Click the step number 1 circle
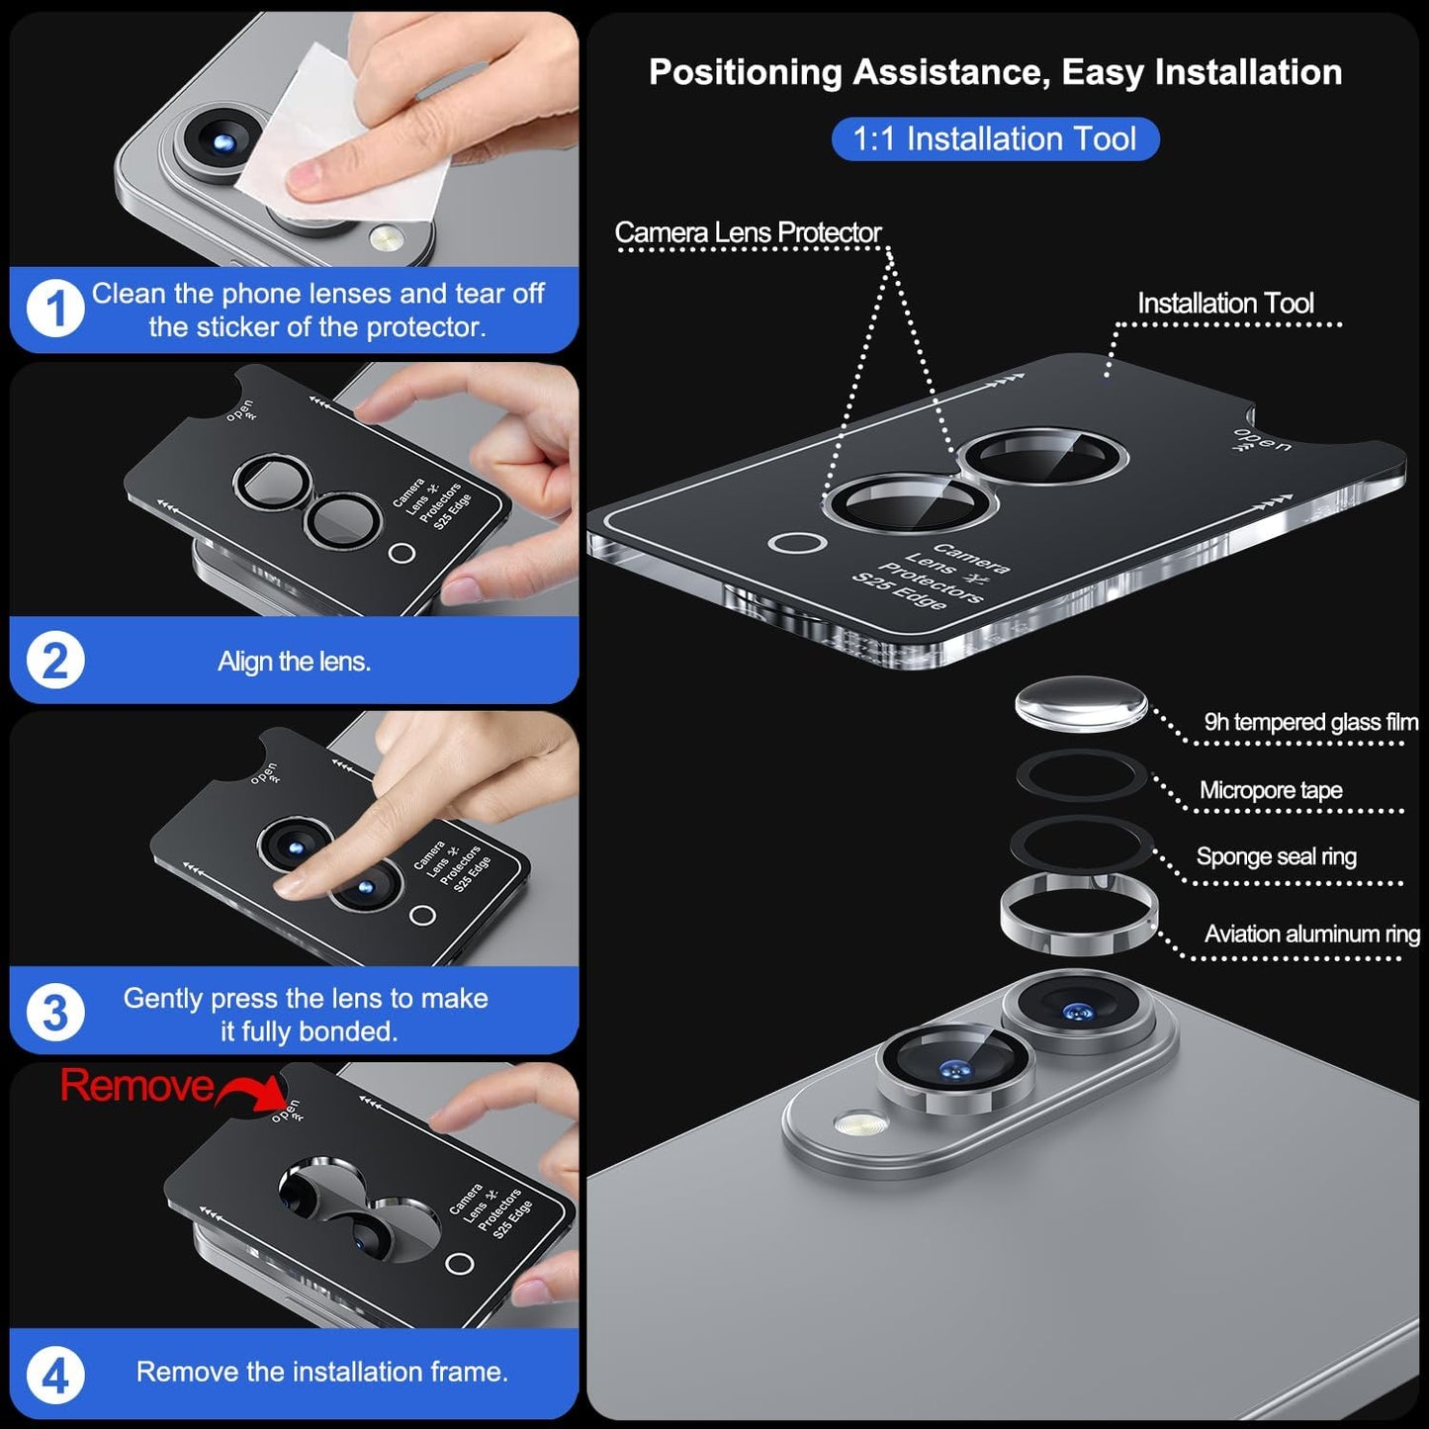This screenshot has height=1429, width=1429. [x=54, y=310]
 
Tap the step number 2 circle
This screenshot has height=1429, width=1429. [x=54, y=661]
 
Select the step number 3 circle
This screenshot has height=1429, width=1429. [x=54, y=1013]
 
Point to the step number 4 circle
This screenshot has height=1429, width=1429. [x=54, y=1375]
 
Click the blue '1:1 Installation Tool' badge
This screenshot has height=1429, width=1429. [x=994, y=139]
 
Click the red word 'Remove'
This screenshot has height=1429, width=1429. [x=136, y=1086]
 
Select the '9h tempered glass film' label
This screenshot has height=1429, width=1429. [x=1310, y=723]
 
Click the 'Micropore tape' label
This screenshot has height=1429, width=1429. [x=1271, y=790]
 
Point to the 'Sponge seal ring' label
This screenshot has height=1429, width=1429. [x=1276, y=856]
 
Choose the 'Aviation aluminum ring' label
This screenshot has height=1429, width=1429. [x=1311, y=934]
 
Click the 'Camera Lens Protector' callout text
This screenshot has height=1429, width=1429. [x=748, y=233]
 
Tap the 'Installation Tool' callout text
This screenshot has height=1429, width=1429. [x=1225, y=304]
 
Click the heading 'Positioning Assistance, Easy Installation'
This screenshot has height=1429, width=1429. [x=995, y=72]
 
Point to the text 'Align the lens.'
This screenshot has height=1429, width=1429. [x=294, y=662]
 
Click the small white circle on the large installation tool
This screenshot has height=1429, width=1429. [x=797, y=543]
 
